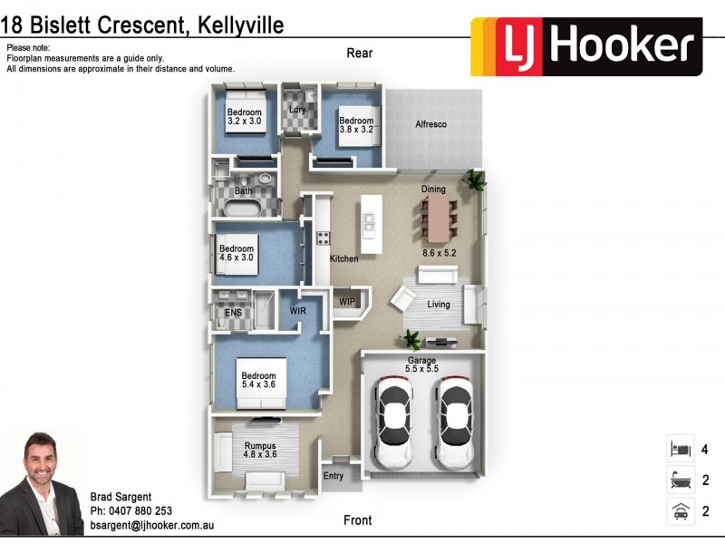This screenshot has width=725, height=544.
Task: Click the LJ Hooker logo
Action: tap(585, 46)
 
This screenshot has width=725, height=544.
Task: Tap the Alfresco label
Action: tap(431, 124)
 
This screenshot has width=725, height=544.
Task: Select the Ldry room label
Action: tap(297, 110)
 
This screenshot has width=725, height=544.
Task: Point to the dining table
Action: tap(440, 219)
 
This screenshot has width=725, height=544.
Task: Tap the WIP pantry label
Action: tap(347, 301)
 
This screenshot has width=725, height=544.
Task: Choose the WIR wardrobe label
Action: tap(298, 311)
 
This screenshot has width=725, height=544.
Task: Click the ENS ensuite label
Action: tap(233, 313)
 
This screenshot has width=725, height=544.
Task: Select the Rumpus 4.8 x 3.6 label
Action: tap(259, 450)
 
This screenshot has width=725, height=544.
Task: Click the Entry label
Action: tap(333, 476)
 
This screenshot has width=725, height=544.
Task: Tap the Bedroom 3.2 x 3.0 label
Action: tap(244, 117)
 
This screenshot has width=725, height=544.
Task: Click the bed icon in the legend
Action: tap(680, 449)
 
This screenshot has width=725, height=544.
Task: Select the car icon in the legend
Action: tap(680, 510)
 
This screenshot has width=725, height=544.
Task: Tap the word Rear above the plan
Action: tap(360, 53)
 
